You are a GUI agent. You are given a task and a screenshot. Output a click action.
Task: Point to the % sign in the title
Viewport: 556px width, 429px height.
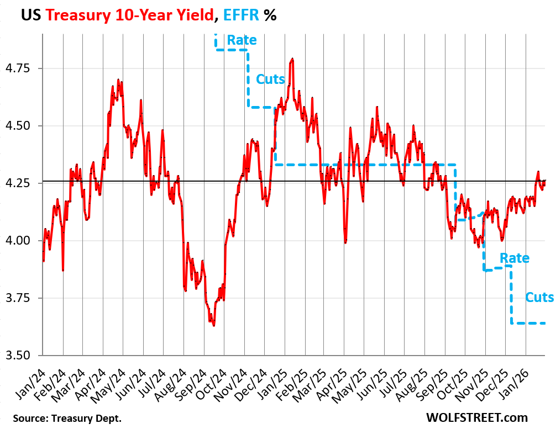[270, 15]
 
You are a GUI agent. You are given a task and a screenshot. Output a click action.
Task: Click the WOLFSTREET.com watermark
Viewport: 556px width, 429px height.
[477, 417]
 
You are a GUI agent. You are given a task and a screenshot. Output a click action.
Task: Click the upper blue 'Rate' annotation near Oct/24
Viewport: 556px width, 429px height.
[242, 40]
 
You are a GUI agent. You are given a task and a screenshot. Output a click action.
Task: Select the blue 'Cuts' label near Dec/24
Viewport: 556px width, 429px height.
[270, 80]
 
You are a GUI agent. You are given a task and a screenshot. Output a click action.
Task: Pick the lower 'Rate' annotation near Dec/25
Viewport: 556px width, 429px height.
[514, 258]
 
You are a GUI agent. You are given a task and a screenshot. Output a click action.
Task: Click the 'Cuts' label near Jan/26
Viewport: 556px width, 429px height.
[539, 298]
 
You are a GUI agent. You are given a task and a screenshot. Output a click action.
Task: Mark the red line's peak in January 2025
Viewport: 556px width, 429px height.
[292, 59]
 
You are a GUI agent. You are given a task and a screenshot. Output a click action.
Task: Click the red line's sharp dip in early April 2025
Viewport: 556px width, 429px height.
[345, 242]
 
